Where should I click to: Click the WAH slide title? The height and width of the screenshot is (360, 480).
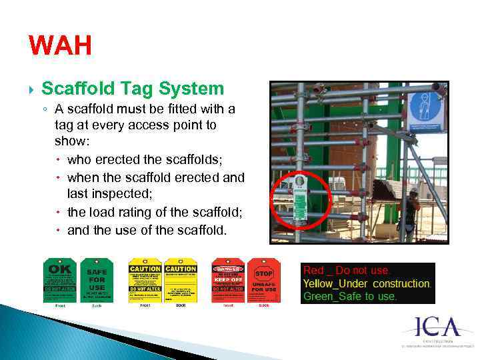[60, 47]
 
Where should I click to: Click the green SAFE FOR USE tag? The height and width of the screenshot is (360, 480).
[97, 280]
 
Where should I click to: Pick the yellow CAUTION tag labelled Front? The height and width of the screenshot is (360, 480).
[145, 280]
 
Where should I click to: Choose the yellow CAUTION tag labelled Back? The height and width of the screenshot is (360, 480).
[181, 280]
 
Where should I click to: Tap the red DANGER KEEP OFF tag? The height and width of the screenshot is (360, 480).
[228, 280]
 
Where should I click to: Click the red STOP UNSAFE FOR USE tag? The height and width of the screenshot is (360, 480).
[264, 280]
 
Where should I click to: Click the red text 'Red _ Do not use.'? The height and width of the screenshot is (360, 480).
[347, 271]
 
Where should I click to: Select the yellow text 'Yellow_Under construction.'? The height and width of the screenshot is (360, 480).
[367, 283]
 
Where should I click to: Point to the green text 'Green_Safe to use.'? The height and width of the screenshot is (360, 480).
[350, 296]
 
